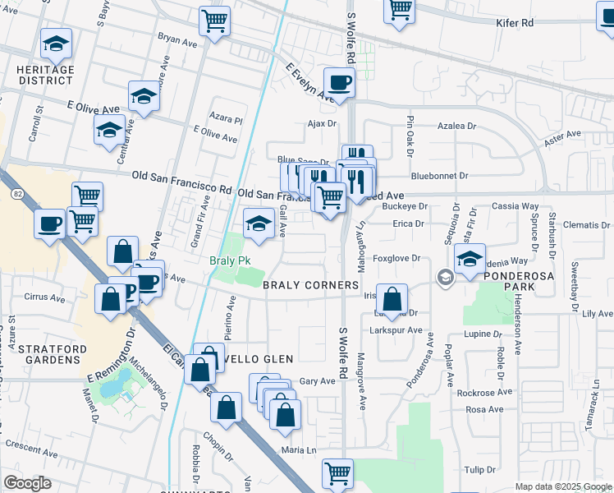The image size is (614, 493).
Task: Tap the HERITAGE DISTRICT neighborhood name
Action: point(44,76)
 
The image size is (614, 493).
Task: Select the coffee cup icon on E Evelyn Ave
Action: point(338,82)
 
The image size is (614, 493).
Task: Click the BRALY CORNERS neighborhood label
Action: point(311,285)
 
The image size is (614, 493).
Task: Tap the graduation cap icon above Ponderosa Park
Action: point(470,258)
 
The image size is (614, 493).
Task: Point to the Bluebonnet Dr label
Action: point(439,176)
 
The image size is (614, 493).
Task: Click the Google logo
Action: point(27,483)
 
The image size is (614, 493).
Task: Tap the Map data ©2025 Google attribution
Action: point(562,486)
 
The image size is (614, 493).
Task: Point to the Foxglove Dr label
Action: point(396,258)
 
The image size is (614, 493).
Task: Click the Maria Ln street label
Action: point(299,450)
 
